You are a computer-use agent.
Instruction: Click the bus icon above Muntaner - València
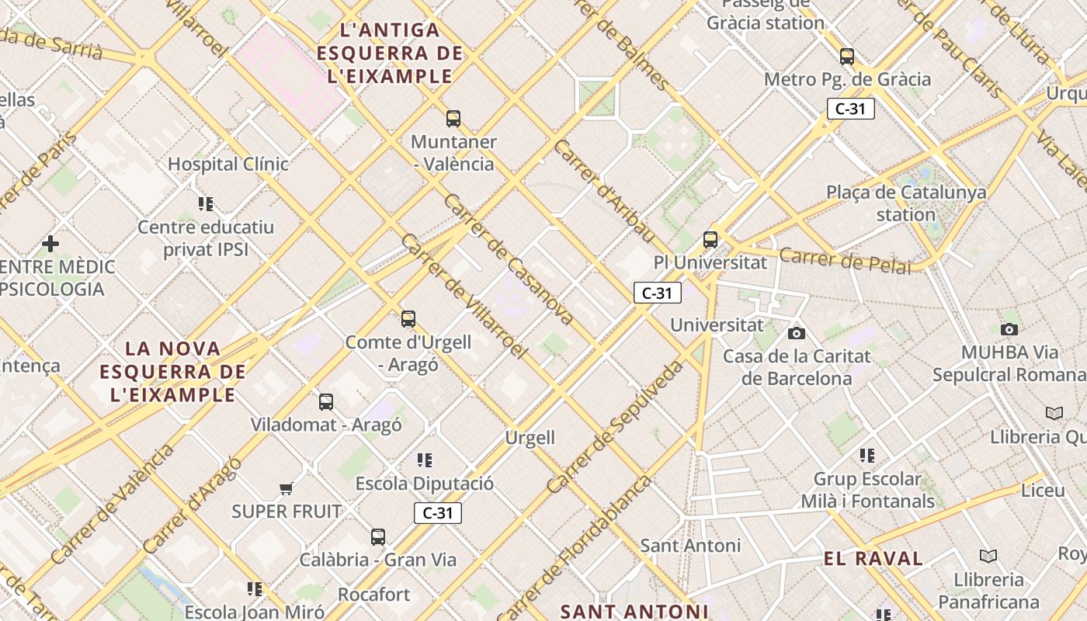point(453,119)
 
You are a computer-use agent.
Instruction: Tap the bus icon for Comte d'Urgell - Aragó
point(408,319)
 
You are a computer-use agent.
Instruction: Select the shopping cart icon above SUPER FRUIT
point(287,488)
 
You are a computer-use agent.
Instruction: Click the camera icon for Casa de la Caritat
point(796,334)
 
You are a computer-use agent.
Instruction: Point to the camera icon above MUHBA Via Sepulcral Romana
point(1009,329)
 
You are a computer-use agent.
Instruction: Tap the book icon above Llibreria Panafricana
point(988,556)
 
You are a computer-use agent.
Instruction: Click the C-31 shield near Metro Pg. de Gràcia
point(850,109)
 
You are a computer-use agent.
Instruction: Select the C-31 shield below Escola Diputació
point(438,513)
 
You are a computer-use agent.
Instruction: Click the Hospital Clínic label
point(228,165)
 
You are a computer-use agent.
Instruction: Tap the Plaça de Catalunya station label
point(906,203)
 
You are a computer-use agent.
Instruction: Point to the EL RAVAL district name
point(873,559)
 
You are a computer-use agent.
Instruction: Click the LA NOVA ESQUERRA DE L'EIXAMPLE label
point(173,372)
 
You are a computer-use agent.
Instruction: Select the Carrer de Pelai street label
point(845,261)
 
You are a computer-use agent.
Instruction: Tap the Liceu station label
point(1043,491)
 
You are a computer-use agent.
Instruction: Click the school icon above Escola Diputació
point(424,460)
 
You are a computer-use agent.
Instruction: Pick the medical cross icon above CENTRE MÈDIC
point(50,245)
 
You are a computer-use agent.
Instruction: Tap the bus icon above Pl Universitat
point(710,240)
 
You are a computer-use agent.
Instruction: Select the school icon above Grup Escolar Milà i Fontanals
point(867,456)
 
